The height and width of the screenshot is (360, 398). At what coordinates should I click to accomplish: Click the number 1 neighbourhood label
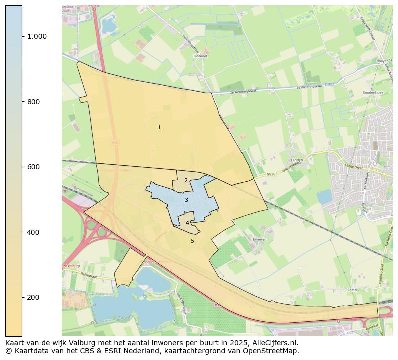click(x=159, y=128)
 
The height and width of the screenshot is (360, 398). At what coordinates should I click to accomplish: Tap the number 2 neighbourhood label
click(x=186, y=181)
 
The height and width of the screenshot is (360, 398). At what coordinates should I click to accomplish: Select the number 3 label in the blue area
click(x=186, y=200)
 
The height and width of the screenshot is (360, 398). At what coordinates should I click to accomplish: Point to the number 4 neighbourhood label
click(x=187, y=223)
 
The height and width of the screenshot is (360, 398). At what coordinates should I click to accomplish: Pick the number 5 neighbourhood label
click(x=192, y=241)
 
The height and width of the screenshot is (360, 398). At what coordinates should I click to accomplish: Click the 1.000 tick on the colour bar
click(x=37, y=36)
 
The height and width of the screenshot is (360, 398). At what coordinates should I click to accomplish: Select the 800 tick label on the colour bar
click(x=33, y=102)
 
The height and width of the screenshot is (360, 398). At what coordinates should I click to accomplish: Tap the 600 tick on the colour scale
click(x=33, y=167)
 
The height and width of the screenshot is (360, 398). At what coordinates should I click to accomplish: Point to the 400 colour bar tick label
click(x=33, y=232)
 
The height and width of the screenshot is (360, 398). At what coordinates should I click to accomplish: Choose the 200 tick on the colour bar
click(x=33, y=297)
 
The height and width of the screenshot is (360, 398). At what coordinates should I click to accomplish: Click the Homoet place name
click(x=200, y=56)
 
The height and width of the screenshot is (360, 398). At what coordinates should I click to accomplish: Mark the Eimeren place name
click(x=259, y=240)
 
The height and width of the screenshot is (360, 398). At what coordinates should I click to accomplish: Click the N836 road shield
click(x=271, y=174)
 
